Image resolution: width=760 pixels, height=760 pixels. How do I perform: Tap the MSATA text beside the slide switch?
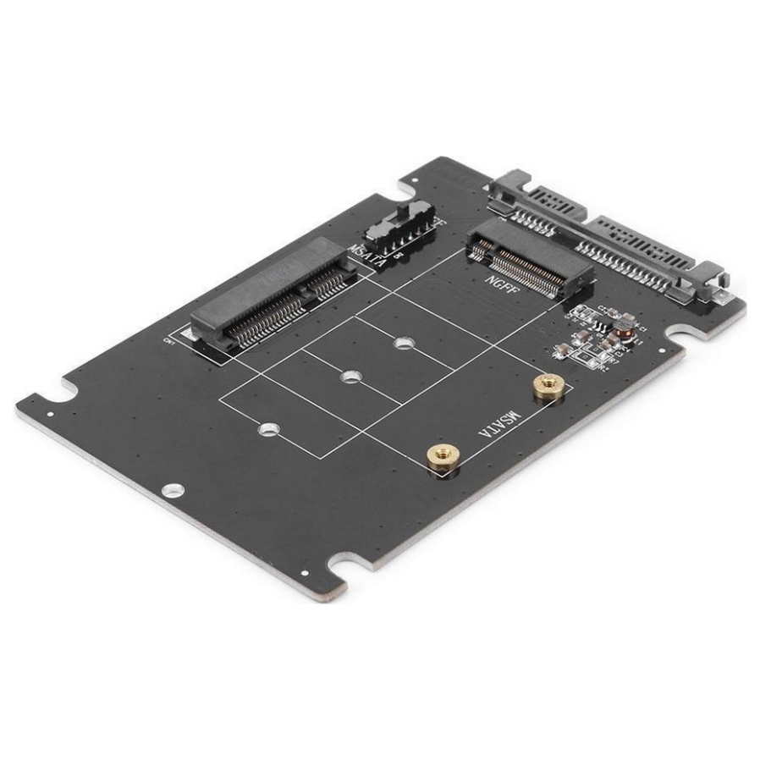click(366, 252)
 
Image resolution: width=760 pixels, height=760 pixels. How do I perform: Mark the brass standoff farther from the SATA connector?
click(441, 458)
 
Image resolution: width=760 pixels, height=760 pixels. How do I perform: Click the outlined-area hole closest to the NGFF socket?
click(405, 344)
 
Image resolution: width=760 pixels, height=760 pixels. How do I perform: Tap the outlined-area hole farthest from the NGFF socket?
click(269, 428)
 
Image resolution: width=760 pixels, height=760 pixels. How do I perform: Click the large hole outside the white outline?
click(173, 489)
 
